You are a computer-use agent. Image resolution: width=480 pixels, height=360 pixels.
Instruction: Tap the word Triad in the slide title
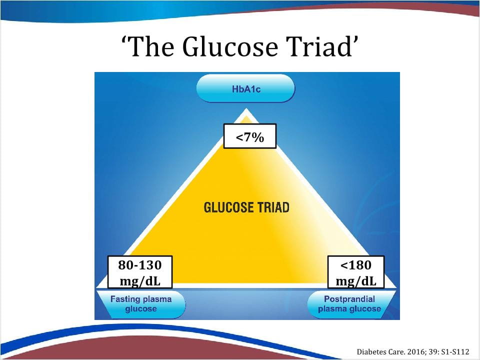click(x=318, y=46)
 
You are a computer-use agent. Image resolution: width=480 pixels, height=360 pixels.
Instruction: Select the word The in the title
click(x=150, y=46)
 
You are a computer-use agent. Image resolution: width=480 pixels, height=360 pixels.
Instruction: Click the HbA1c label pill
click(x=245, y=89)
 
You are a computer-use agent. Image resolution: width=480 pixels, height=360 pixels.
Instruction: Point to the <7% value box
click(x=250, y=136)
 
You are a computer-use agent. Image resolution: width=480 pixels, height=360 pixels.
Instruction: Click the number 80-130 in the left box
click(x=140, y=265)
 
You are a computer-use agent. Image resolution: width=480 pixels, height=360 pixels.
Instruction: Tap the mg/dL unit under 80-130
click(x=140, y=281)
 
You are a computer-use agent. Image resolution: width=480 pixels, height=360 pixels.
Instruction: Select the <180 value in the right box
click(x=355, y=265)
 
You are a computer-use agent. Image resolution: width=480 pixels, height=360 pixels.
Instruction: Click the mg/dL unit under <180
click(x=355, y=281)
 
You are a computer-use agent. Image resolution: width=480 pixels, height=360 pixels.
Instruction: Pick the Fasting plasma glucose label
click(x=141, y=303)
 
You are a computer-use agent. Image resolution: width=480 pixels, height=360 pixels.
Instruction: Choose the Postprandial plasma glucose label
click(x=349, y=303)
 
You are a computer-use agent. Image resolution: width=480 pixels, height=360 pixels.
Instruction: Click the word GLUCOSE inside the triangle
click(x=228, y=207)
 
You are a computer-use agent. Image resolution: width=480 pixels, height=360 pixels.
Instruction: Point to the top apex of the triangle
click(x=246, y=108)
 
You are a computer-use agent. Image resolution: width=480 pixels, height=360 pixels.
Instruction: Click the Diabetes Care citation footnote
click(x=413, y=351)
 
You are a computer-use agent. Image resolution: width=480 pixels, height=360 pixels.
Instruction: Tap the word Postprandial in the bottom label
click(x=349, y=299)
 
